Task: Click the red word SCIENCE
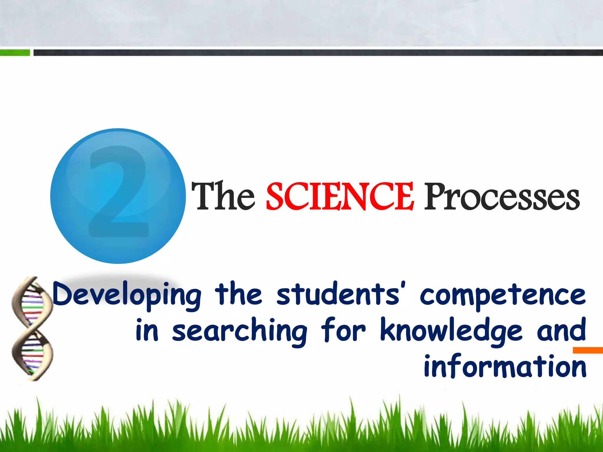[340, 196]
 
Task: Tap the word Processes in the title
[502, 196]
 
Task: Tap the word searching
[240, 331]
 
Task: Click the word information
[505, 366]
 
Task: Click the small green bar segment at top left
[15, 53]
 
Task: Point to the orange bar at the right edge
[588, 350]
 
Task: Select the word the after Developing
[238, 294]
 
